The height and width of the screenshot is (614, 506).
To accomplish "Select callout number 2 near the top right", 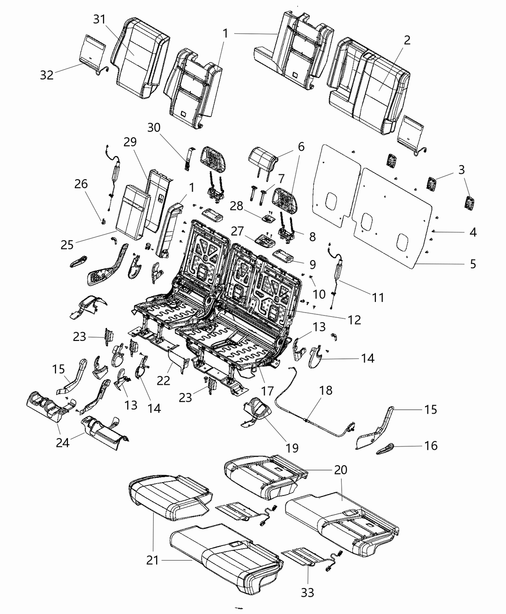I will tap(407, 40).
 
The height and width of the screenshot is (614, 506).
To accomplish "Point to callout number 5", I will tap(473, 263).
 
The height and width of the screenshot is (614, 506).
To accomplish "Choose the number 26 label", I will tap(81, 183).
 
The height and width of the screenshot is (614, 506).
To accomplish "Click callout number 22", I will tap(164, 380).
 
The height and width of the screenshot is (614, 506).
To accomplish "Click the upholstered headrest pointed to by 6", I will tap(263, 157).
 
